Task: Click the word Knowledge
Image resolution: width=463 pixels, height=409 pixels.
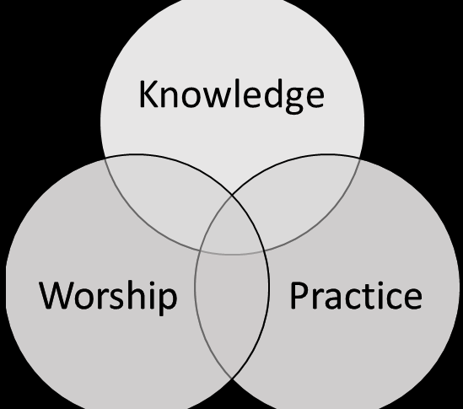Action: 231,96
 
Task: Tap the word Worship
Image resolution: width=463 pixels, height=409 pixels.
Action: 108,297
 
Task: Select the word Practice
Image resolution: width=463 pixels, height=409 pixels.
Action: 356,295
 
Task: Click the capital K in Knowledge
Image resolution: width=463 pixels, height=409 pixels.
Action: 148,94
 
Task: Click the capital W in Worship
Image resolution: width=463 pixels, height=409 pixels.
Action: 56,296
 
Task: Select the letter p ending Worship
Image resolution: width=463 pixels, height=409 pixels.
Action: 167,302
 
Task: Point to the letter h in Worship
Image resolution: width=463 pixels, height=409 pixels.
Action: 139,295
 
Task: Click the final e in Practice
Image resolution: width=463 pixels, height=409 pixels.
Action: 412,299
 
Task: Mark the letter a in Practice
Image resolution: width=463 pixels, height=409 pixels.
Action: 334,299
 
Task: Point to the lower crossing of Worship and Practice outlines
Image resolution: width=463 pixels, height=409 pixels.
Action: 232,378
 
